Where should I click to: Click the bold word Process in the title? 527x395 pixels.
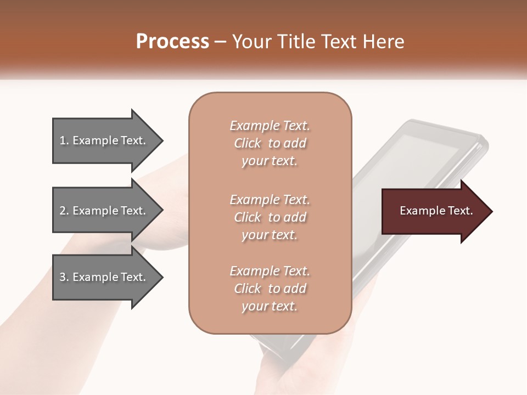tap(172, 41)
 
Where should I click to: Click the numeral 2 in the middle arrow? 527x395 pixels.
tap(62, 211)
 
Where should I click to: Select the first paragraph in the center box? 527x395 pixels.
tap(270, 143)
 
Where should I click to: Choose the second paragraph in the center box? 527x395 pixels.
tap(270, 217)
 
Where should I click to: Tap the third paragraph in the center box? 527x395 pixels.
tap(270, 289)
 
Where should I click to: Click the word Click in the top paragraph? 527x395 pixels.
tap(248, 143)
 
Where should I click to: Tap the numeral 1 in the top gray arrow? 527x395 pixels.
tap(62, 140)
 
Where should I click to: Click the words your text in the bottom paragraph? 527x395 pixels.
tap(270, 307)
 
